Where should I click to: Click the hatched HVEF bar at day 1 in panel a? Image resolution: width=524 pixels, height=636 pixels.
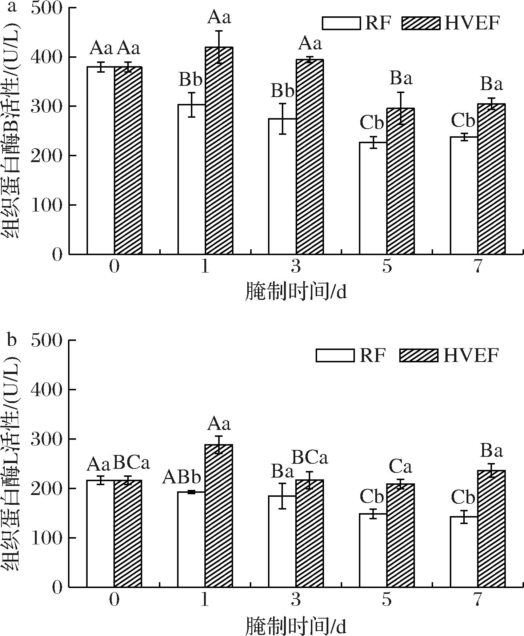coord(219,150)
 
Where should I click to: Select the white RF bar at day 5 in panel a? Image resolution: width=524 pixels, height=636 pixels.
coord(373,198)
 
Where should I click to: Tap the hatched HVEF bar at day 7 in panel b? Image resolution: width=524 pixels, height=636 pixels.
coord(491,529)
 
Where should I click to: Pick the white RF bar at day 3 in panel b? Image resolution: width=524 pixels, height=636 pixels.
coord(282,542)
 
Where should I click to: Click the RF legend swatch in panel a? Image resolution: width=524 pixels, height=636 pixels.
coord(341,23)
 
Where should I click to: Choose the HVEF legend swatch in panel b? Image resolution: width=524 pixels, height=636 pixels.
coord(419,355)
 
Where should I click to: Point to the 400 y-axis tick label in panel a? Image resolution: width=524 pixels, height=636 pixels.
coord(46,57)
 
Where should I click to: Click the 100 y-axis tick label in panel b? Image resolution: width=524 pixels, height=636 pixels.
coord(46,538)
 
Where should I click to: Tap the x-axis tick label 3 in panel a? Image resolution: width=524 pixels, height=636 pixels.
coord(296,267)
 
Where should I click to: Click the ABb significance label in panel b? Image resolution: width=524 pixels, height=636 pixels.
coord(181,477)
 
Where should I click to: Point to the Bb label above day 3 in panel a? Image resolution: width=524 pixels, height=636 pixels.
coord(282,90)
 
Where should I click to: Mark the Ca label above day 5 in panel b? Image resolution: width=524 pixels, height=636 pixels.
coord(400,467)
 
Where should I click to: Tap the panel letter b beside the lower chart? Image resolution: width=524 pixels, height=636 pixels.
coord(12,341)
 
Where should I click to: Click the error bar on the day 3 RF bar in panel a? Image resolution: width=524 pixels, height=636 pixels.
coord(282,119)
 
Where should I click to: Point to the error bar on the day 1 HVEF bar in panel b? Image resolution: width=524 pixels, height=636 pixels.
coord(219,445)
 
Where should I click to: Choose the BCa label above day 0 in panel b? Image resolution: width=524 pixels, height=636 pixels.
coord(131,464)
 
